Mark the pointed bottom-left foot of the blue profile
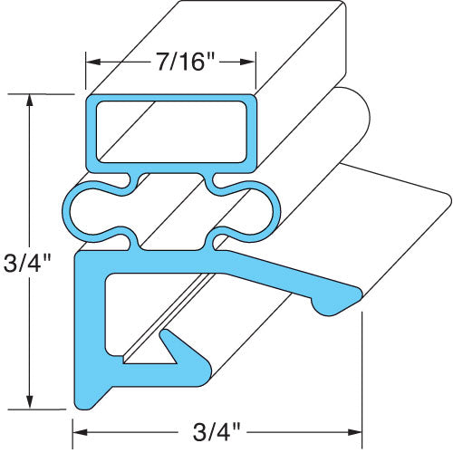point(82,400)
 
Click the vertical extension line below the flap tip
point(362,371)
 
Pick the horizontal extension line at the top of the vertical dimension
point(50,93)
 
